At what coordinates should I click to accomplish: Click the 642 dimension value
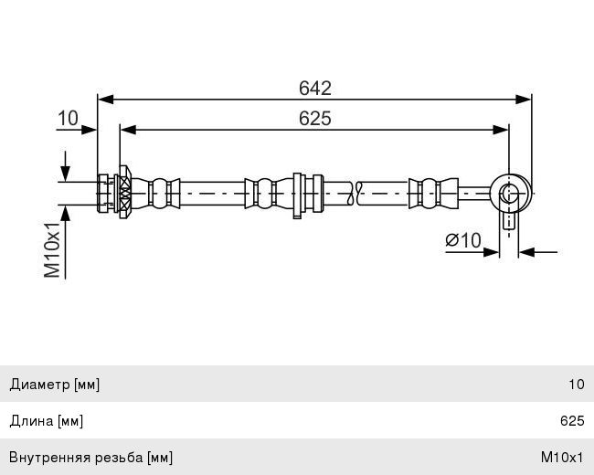coord(314,89)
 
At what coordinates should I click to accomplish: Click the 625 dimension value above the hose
coord(314,119)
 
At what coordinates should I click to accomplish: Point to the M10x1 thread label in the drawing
coord(52,250)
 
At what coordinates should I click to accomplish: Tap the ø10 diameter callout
coord(463,240)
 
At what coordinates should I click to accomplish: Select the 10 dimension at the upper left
coord(68,118)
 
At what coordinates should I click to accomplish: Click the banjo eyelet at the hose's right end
coord(511,193)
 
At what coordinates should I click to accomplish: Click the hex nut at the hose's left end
coord(103,193)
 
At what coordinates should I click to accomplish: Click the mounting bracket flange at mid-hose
coord(297,195)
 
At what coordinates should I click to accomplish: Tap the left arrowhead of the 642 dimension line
coord(106,100)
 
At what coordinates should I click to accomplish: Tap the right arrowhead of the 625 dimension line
coord(501,130)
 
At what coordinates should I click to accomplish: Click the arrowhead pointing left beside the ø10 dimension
coord(526,252)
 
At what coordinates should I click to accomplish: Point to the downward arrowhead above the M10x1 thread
coord(66,174)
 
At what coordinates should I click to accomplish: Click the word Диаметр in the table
coord(40,385)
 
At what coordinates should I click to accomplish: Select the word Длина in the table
coord(31,421)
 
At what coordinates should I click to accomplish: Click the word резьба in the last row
coord(119,458)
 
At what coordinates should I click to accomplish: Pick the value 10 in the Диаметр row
coord(577,385)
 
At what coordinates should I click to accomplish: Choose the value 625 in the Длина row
coord(572,421)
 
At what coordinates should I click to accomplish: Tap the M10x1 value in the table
coord(562,458)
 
